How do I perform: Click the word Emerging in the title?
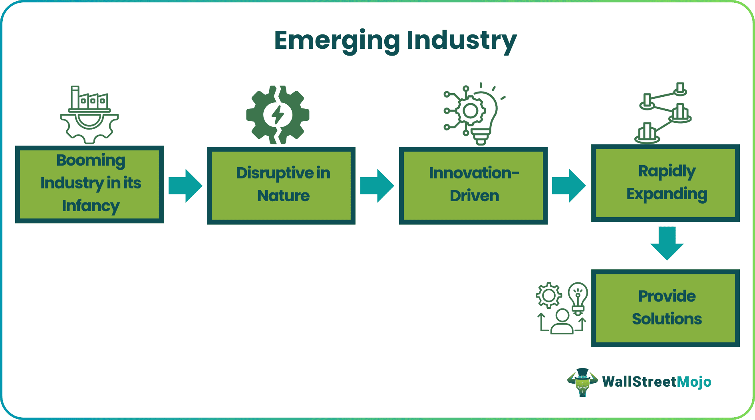[x=337, y=41]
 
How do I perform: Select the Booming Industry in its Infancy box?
[x=89, y=184]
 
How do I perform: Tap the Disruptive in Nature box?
[x=281, y=185]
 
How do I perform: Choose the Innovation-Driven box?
[x=473, y=185]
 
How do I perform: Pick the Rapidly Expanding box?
[x=666, y=183]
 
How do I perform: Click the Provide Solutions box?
[x=666, y=308]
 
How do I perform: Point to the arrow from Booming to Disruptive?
[x=185, y=186]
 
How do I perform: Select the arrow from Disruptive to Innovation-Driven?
[x=377, y=186]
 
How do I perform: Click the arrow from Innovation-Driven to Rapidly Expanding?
[x=569, y=186]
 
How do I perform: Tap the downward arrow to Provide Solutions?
[x=667, y=243]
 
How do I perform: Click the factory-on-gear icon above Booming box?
[x=89, y=114]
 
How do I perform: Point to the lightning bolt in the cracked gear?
[x=278, y=115]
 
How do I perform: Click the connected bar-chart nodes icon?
[x=663, y=114]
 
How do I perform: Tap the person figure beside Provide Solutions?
[x=562, y=322]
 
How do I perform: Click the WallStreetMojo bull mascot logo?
[x=582, y=382]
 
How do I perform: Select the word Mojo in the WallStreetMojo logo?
[x=694, y=382]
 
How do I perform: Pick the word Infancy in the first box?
[x=91, y=206]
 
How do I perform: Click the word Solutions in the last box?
[x=667, y=319]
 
